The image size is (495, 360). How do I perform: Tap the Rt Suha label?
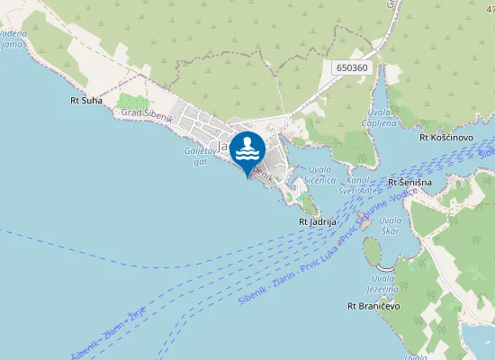pos(86,101)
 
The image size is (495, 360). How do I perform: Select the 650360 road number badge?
pos(351,67)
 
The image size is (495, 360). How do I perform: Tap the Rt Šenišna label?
pos(410,183)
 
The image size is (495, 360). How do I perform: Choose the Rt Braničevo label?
pos(373,307)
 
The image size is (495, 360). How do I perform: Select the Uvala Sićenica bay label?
pos(321,175)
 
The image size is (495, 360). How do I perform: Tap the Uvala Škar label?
pos(390,225)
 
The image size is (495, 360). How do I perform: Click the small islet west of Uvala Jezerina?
pos(372,252)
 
